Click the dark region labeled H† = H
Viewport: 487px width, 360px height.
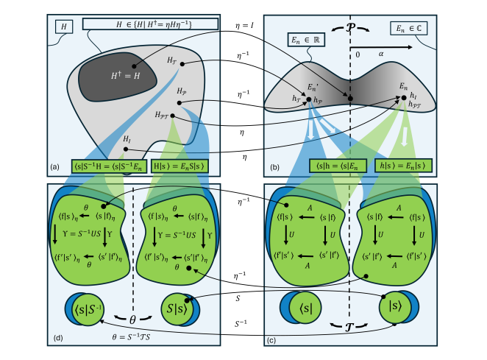(116, 74)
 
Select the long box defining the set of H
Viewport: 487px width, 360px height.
(151, 24)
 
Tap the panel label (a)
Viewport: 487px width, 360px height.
(54, 168)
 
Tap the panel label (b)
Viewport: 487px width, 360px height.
(274, 168)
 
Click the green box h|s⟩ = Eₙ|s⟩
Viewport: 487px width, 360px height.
(402, 167)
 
